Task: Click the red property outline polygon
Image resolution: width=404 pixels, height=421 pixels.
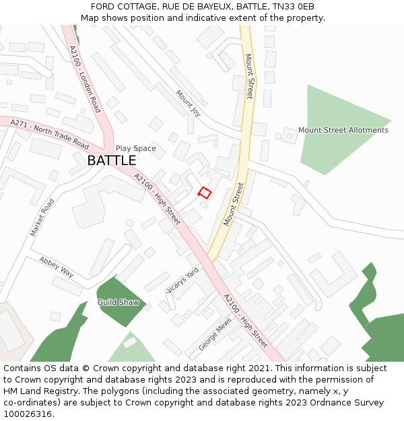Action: pos(205,193)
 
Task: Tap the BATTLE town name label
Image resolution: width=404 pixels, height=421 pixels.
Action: pos(112,160)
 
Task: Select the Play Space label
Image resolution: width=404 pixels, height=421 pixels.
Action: pos(135,148)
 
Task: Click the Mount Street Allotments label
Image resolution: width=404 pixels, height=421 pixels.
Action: pos(343,130)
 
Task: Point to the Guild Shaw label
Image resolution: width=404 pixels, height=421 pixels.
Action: pos(118,302)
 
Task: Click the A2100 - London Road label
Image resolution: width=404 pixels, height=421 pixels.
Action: pos(85,79)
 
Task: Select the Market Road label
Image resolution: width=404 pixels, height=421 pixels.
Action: pos(42,217)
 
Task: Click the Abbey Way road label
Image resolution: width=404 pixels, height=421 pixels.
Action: pos(57,266)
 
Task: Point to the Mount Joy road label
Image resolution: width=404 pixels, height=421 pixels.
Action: pos(189,103)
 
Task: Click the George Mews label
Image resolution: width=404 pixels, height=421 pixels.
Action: pos(215,334)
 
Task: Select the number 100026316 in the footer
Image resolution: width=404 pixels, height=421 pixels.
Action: pos(28,414)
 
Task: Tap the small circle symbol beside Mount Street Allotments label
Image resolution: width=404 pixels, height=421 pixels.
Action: pos(290,135)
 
